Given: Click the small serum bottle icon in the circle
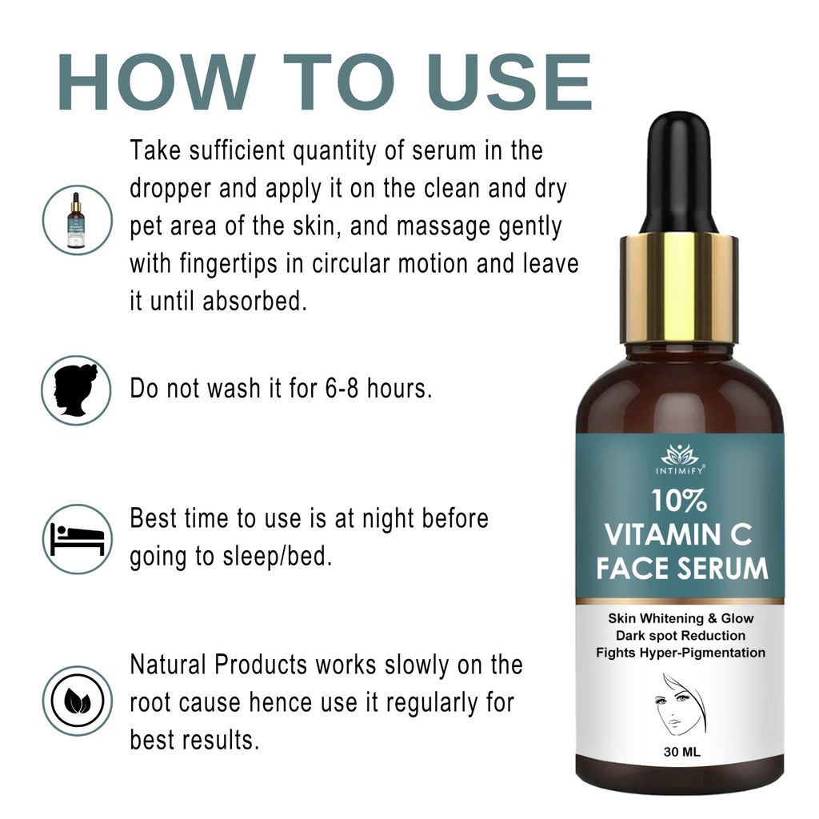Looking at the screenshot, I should tap(77, 220).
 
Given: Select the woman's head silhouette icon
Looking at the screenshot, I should tap(77, 390).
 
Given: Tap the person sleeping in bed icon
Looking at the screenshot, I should tap(77, 538).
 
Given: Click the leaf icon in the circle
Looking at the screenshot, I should tap(77, 701).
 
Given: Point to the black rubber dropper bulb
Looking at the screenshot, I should tap(680, 172).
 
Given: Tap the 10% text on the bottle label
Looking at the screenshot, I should tap(678, 501).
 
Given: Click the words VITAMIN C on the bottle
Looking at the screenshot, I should tap(678, 533).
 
